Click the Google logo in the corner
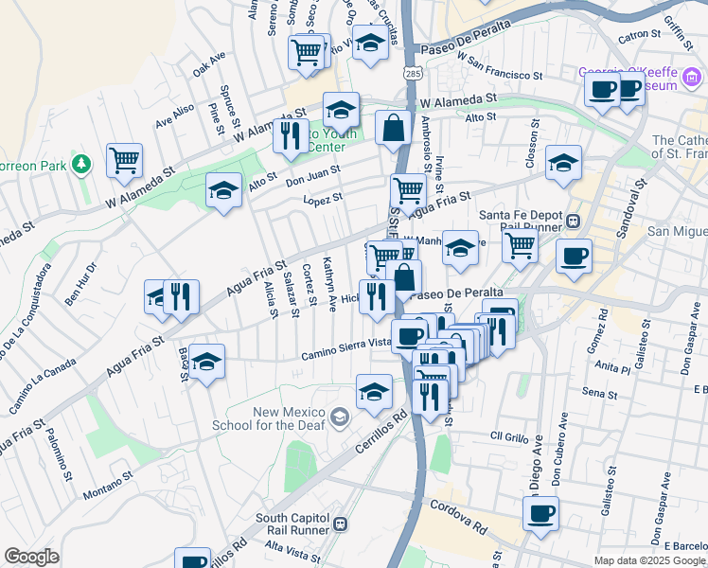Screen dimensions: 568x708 [31, 557]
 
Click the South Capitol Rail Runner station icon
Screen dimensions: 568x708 [339, 523]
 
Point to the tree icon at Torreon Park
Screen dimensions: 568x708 [82, 165]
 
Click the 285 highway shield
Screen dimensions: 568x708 [412, 72]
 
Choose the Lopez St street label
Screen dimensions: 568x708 [322, 199]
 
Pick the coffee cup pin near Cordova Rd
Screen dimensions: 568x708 [540, 513]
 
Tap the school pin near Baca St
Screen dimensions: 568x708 [206, 361]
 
